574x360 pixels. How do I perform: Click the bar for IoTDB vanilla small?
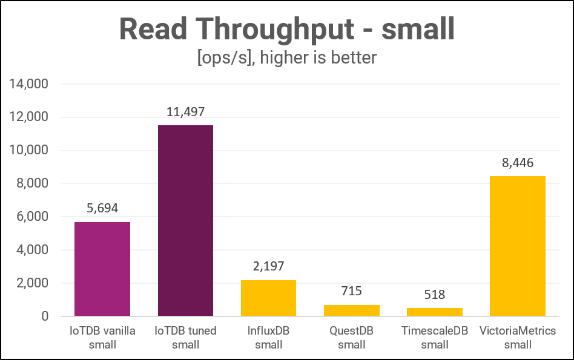point(102,269)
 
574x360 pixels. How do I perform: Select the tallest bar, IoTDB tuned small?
point(185,220)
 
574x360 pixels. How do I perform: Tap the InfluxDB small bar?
point(268,298)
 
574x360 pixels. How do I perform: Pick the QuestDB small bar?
point(351,310)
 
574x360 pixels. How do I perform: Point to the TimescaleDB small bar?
point(434,312)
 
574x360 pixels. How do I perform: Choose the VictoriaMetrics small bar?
point(517,246)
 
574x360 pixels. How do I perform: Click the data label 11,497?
point(185,112)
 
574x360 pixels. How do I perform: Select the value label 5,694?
point(102,209)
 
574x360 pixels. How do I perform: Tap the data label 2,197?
point(268,267)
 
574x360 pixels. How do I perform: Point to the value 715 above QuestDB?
point(351,291)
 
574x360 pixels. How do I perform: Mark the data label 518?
point(434,295)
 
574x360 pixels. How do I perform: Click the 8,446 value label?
point(517,163)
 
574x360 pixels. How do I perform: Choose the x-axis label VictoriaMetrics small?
point(517,338)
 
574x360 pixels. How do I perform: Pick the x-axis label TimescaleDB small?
point(434,338)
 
